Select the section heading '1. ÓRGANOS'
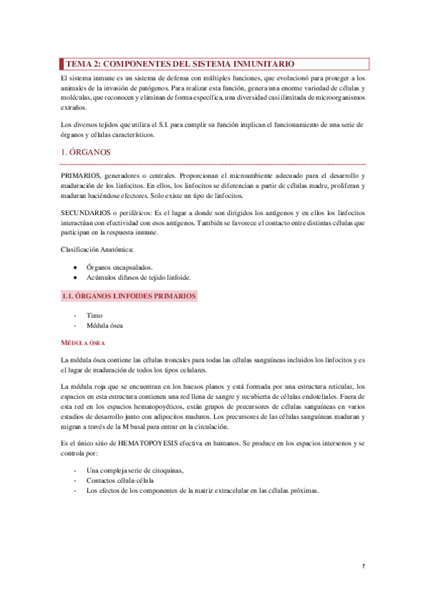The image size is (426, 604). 85,152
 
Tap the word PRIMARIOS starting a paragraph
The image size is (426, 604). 80,175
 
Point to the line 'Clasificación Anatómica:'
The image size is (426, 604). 96,249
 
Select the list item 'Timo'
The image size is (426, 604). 94,315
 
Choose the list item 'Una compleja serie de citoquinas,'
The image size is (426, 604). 134,471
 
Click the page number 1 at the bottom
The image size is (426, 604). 363,566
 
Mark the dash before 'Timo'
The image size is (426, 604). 75,315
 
